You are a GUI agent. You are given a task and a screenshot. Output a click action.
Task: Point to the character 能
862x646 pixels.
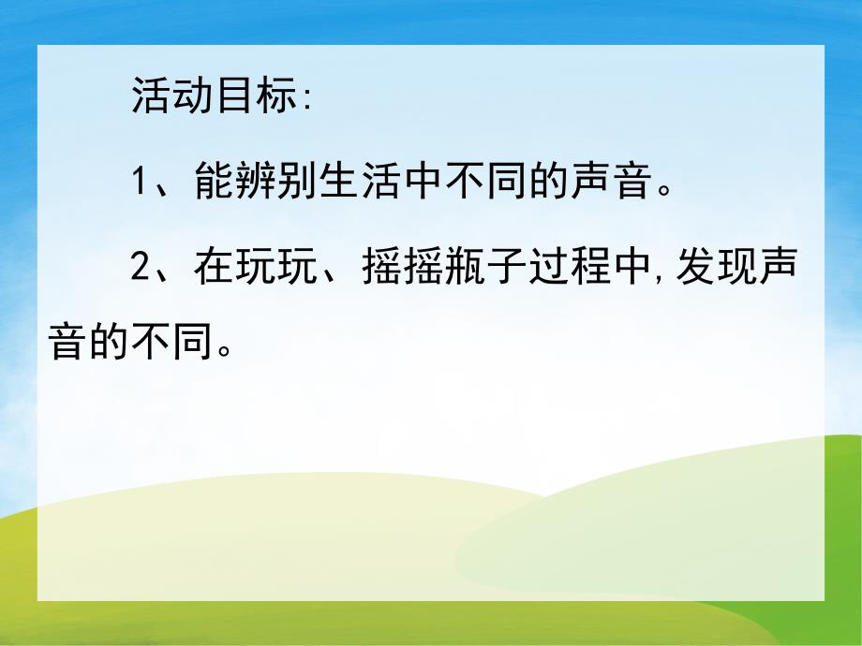[216, 182]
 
